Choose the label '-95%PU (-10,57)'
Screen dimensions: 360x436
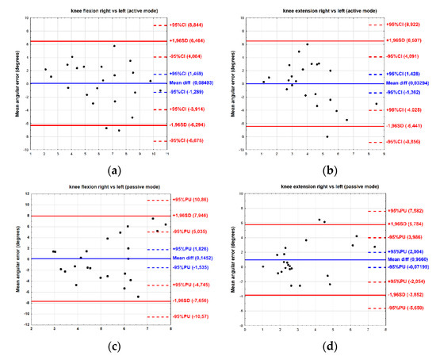point(189,316)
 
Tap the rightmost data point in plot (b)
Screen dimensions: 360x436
point(377,104)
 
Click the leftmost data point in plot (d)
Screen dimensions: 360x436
point(263,266)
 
